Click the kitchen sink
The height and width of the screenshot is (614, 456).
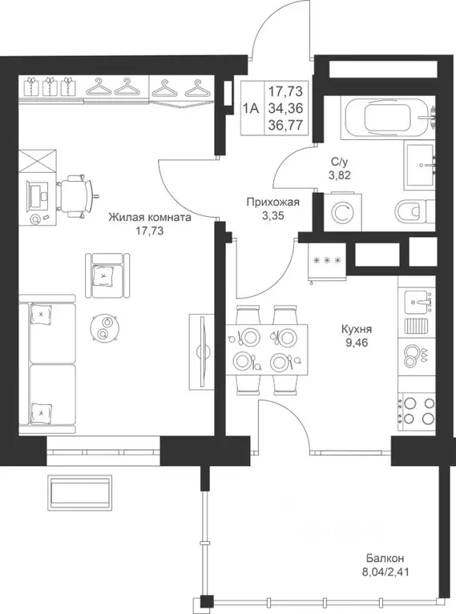point(417,303)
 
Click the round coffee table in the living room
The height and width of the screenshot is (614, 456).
point(103,328)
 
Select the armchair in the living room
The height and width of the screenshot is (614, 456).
point(107,275)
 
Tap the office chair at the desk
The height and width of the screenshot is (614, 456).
point(76,195)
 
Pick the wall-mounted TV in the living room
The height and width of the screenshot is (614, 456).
point(203,351)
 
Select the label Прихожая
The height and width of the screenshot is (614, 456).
point(273,203)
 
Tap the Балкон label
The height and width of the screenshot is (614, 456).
point(385,558)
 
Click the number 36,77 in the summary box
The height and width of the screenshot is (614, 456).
point(285,125)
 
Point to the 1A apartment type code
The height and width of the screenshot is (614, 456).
point(251,108)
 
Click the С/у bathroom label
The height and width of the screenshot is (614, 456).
point(340,161)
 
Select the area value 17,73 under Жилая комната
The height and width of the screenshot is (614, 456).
point(149,231)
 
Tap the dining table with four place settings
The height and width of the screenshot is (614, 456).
point(266,349)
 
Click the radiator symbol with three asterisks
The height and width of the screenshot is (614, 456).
point(327,260)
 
